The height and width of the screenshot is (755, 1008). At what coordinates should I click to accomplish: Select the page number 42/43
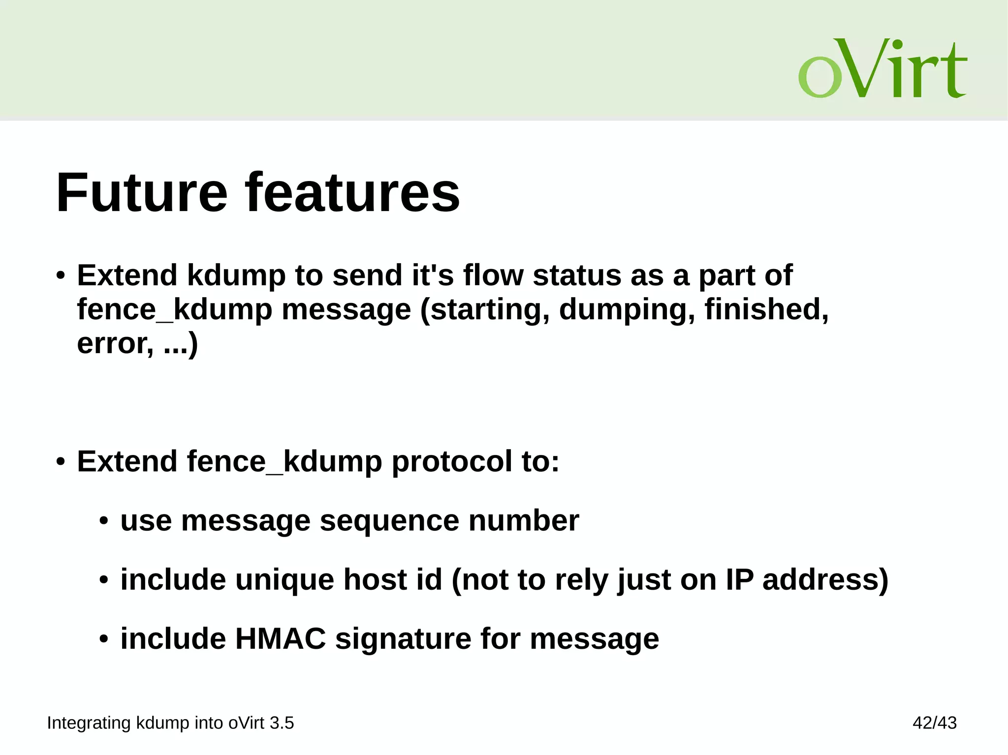coord(934,723)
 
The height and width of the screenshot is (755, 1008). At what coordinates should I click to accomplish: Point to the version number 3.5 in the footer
coord(282,723)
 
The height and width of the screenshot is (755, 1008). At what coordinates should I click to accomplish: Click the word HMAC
coord(281,638)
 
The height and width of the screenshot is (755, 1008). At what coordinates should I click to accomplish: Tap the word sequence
coord(389,521)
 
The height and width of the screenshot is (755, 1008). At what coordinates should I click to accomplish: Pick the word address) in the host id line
coord(825,579)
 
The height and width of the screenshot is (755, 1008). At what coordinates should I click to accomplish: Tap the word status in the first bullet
coord(577,275)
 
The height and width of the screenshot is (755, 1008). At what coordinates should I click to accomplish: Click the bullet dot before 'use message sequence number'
coord(103,521)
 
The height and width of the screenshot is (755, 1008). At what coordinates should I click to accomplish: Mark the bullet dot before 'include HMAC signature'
coord(103,639)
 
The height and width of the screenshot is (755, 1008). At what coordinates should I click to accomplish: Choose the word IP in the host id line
coord(739,579)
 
